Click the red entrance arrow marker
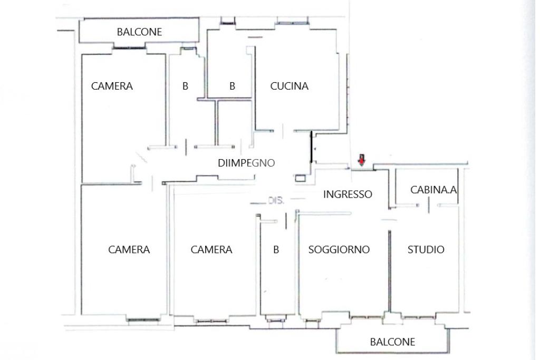(x=361, y=160)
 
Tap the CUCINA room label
(x=289, y=86)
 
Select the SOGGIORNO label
(x=339, y=249)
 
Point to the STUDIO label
(x=426, y=249)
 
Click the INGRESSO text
(x=348, y=194)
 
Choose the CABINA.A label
(x=433, y=190)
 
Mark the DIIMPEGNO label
(x=246, y=163)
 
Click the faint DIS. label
(x=276, y=200)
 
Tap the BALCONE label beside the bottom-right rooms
(x=392, y=342)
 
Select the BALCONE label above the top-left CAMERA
(x=139, y=32)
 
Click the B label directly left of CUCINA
(x=232, y=86)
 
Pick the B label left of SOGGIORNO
(x=276, y=249)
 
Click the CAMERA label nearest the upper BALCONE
(x=112, y=86)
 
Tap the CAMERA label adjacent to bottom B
(x=211, y=249)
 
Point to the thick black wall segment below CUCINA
(x=311, y=147)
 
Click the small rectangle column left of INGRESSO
(x=300, y=178)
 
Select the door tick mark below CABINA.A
(x=429, y=205)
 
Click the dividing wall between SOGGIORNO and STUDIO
(x=390, y=271)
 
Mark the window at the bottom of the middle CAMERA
(x=211, y=321)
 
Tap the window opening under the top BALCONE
(x=129, y=48)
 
